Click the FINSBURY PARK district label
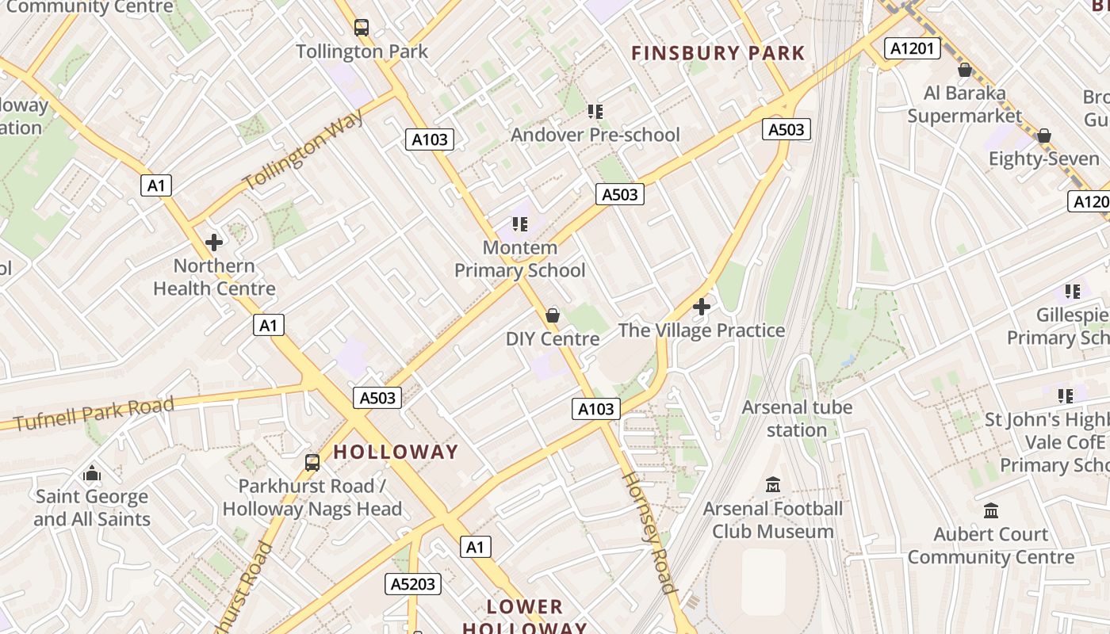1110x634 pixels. point(718,54)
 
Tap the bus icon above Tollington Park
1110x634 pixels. point(362,28)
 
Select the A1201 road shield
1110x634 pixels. point(912,48)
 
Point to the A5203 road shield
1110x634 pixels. point(412,584)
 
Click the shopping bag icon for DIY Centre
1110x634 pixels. point(553,315)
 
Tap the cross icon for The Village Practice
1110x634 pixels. point(702,306)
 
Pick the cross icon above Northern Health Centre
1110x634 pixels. point(214,242)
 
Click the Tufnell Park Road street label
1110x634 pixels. point(94,414)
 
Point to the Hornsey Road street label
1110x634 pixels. point(649,533)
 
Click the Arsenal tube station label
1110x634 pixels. point(797,418)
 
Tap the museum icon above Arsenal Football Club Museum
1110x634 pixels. point(773,484)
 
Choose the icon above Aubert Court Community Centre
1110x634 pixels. point(991,510)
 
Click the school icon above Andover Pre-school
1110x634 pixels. point(595,111)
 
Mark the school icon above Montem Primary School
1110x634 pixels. point(520,224)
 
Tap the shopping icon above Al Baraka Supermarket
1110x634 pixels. point(965,70)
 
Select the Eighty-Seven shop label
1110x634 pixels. point(1043,158)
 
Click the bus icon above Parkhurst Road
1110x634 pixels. point(312,462)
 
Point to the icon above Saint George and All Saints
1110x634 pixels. point(92,473)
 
